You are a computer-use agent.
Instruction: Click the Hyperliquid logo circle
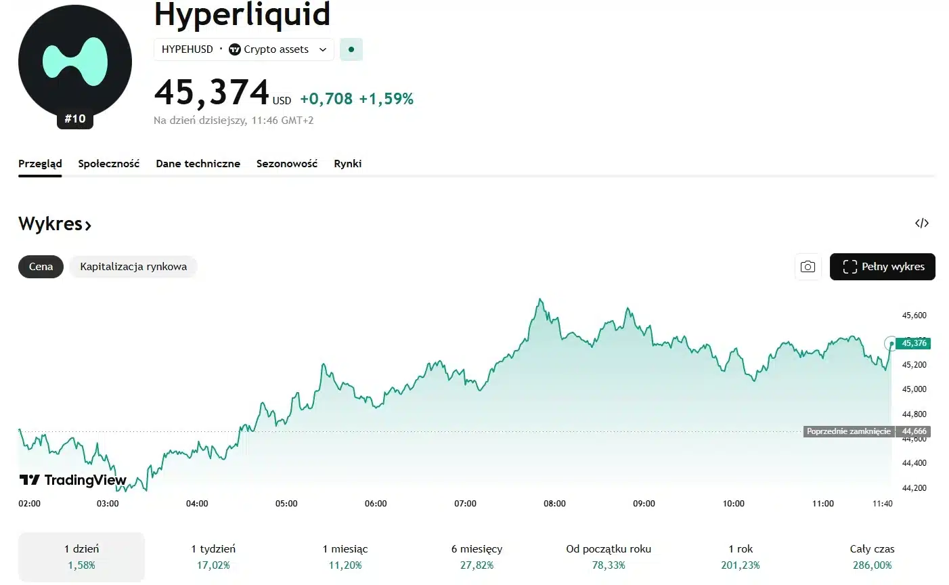coord(75,62)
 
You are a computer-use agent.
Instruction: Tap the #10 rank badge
coord(75,119)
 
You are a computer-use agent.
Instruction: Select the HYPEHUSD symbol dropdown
coord(244,49)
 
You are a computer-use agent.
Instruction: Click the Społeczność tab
coord(108,164)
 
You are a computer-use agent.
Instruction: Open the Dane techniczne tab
coord(198,164)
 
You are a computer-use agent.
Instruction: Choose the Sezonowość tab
coord(286,164)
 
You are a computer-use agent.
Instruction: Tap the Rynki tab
coord(347,164)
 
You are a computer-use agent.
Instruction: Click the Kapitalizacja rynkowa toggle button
coord(133,267)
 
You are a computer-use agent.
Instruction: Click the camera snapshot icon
coord(808,267)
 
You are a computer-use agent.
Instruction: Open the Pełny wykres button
coord(882,267)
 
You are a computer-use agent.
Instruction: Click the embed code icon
coord(921,223)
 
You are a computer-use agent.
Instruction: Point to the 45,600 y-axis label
coord(914,316)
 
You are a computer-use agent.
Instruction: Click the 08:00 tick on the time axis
coord(554,504)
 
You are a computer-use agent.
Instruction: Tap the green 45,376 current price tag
coord(913,343)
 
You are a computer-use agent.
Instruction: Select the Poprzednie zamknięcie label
coord(848,431)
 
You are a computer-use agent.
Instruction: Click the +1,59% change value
coord(386,100)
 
